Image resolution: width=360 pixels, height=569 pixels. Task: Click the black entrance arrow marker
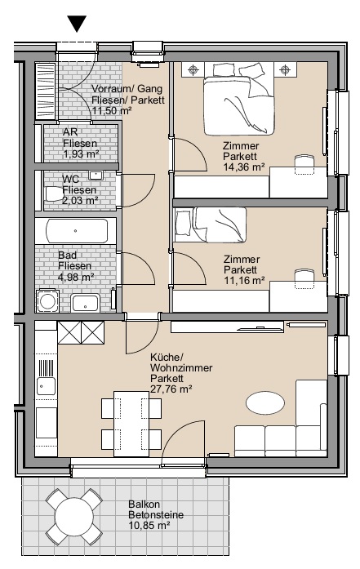pos(78,24)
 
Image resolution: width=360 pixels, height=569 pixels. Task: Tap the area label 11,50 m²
pos(112,111)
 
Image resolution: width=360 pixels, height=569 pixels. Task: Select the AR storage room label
pos(70,131)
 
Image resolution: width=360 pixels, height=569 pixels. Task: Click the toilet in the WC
pos(54,193)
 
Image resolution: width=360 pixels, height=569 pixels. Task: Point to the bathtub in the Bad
pos(77,231)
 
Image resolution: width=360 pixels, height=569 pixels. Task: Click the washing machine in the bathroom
pos(47,300)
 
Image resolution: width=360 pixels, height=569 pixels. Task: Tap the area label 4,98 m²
pos(76,277)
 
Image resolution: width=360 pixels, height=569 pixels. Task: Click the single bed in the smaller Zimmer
pos(210,225)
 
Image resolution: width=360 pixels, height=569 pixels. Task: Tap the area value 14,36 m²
pos(243,167)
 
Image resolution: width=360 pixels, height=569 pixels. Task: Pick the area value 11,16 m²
pos(244,281)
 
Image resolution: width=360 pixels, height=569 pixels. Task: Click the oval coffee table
pos(265,403)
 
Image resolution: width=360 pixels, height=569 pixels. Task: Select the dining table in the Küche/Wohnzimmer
pos(131,424)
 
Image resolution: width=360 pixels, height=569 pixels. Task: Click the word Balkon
pos(144,505)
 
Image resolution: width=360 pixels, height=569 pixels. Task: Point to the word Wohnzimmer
pos(181,368)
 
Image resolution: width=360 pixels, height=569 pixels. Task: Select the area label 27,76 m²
pos(171,389)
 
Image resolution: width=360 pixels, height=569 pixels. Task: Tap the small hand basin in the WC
pos(96,176)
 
